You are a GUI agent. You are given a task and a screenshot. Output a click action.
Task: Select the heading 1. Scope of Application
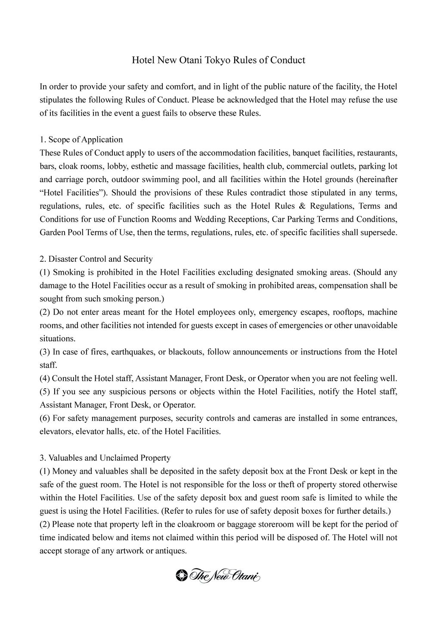click(81, 139)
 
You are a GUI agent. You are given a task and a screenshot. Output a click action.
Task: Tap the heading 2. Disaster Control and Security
click(96, 259)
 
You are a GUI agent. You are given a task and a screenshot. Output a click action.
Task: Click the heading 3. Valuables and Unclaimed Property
click(105, 458)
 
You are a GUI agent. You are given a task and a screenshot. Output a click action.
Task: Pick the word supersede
click(380, 232)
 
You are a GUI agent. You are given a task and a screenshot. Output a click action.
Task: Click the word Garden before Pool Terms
click(53, 232)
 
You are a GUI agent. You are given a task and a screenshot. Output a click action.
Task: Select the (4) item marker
click(45, 378)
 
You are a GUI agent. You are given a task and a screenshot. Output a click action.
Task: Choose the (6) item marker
click(45, 418)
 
